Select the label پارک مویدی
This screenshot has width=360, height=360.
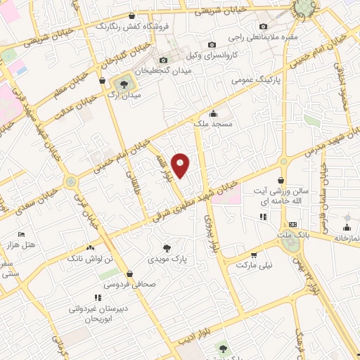[167, 259]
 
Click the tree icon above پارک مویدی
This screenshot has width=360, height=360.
[167, 247]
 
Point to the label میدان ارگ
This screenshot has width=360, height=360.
[126, 95]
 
